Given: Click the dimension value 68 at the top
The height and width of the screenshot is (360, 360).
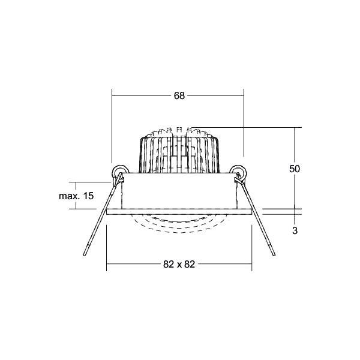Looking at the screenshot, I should [179, 95].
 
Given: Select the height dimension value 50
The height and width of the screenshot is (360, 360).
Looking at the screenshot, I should [294, 169].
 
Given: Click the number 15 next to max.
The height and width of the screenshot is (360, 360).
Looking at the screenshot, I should [89, 196].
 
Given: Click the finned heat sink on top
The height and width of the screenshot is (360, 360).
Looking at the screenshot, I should [178, 150].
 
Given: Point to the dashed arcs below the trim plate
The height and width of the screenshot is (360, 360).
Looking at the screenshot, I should [178, 223].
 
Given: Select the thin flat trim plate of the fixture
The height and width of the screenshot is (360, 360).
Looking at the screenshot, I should [178, 212].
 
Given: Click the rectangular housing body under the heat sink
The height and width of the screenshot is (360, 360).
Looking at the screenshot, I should [178, 192].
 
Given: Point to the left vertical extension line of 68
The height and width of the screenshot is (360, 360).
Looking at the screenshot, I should [113, 126].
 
